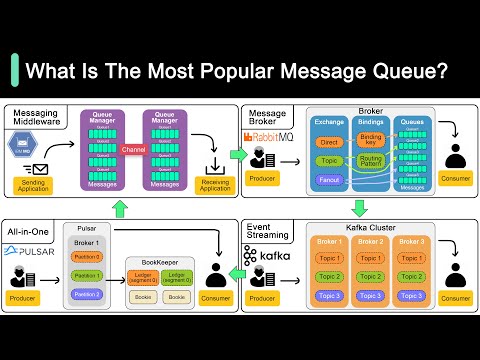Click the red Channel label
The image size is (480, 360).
pyautogui.click(x=133, y=149)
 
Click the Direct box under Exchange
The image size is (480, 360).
pyautogui.click(x=329, y=143)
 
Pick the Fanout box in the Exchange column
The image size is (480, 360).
pyautogui.click(x=329, y=180)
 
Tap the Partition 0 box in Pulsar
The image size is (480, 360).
pyautogui.click(x=87, y=257)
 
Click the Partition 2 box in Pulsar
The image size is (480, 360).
pyautogui.click(x=87, y=295)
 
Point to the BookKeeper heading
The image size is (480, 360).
pyautogui.click(x=160, y=261)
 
